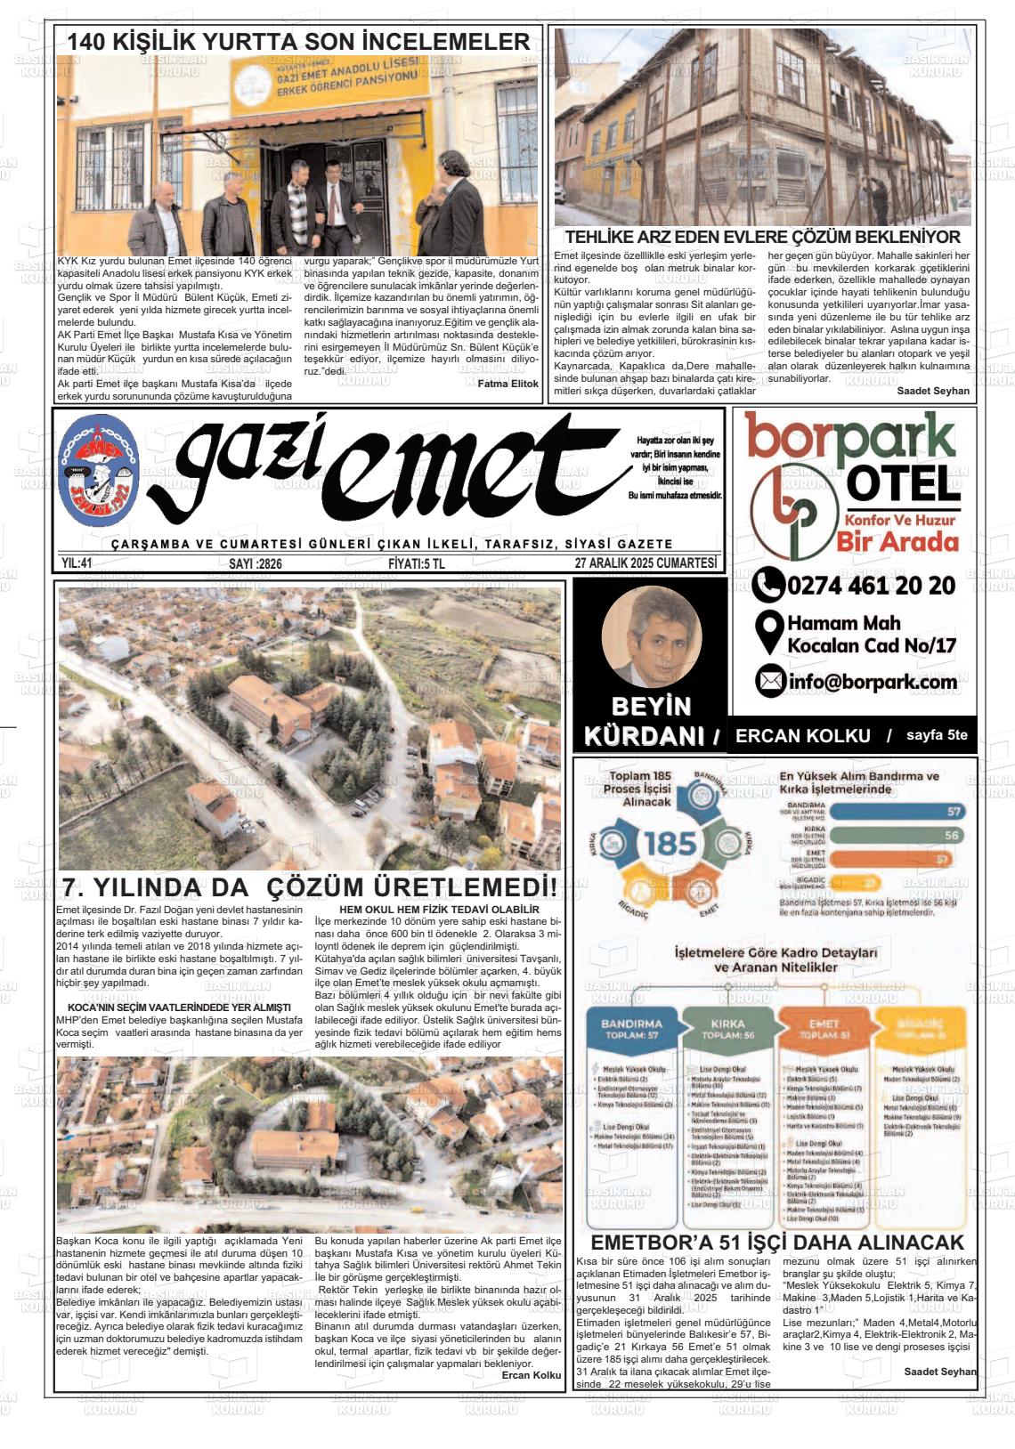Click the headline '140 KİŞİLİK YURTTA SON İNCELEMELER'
click(299, 42)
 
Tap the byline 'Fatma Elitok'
click(508, 383)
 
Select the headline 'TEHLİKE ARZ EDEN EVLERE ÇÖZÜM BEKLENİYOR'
click(763, 238)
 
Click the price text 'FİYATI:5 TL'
click(417, 563)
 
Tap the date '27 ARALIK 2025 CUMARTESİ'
click(646, 563)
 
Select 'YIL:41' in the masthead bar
click(77, 563)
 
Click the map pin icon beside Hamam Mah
click(767, 632)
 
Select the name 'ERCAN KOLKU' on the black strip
click(802, 735)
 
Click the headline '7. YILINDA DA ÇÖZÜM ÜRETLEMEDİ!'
click(309, 888)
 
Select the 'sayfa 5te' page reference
click(937, 735)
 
